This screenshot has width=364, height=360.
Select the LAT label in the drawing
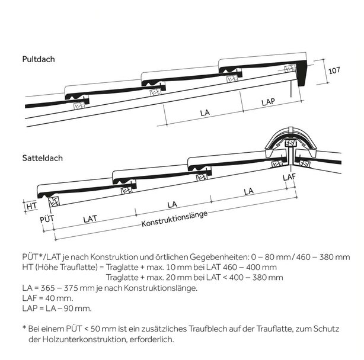90,218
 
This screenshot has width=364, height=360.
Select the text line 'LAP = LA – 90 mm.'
57,308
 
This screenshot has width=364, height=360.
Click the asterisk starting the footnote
24,327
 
